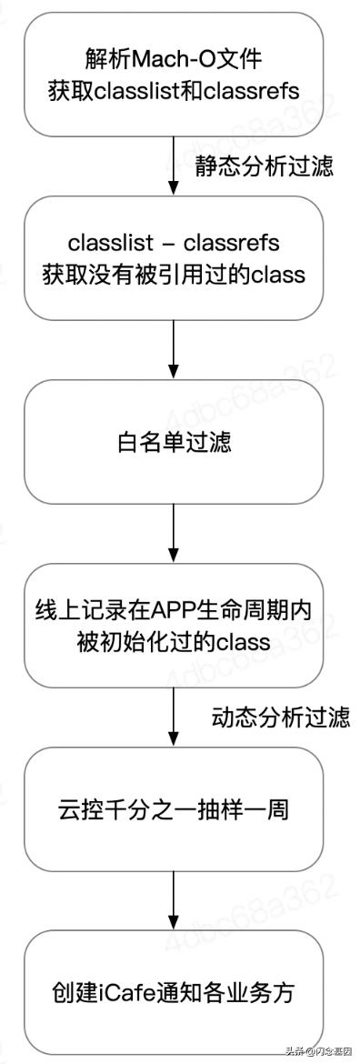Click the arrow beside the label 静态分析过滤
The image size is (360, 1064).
point(174,166)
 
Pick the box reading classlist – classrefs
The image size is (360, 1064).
point(174,259)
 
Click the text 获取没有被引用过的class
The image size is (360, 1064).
point(174,275)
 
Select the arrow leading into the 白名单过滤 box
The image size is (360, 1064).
point(174,350)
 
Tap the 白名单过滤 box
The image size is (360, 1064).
point(174,443)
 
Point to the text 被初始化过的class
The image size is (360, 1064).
point(174,642)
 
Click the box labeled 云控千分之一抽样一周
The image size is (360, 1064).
point(174,808)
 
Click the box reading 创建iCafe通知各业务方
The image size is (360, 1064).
point(174,992)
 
